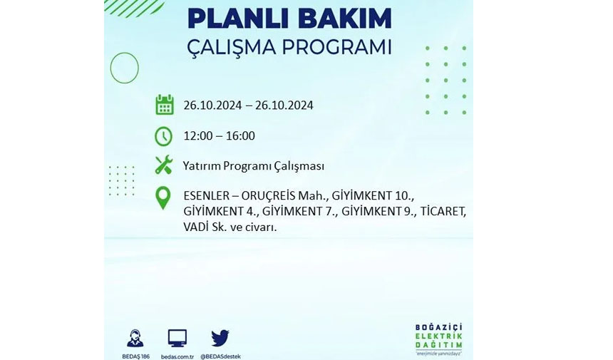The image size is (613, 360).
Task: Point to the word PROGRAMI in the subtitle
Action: [336, 47]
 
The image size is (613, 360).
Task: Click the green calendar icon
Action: [165, 105]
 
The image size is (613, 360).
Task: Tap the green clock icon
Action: [163, 136]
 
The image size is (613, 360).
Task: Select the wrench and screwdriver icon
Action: [163, 165]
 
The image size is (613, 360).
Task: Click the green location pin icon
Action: [163, 197]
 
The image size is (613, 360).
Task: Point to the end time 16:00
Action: [240, 136]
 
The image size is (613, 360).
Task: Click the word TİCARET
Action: [443, 212]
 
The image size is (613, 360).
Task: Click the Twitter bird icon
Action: [220, 338]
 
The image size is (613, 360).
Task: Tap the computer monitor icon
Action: [177, 338]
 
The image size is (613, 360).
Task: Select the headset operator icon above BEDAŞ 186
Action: [135, 338]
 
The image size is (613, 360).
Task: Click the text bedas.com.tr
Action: [177, 356]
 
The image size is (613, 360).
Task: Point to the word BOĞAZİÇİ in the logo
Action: [438, 327]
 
